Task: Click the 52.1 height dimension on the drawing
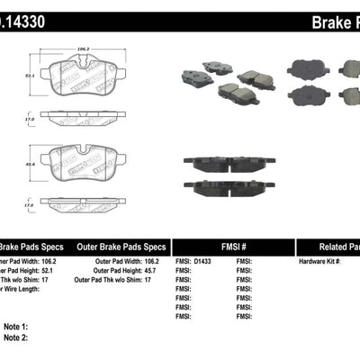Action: pyautogui.click(x=30, y=76)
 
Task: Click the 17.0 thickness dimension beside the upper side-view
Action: pyautogui.click(x=30, y=117)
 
